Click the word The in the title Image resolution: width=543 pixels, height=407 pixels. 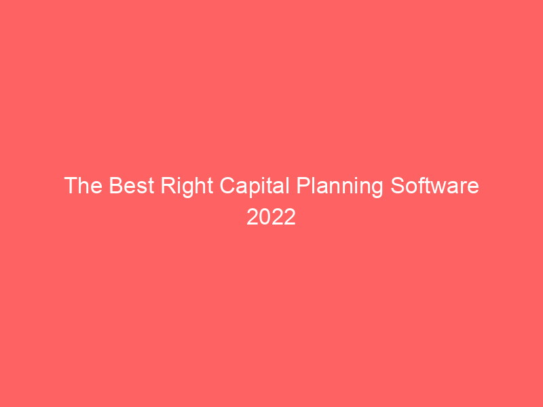click(x=83, y=185)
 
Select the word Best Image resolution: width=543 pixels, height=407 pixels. click(x=132, y=185)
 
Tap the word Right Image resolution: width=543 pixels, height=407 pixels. click(x=187, y=187)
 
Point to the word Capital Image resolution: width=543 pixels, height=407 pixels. click(x=255, y=187)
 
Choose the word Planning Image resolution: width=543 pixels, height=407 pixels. click(x=340, y=187)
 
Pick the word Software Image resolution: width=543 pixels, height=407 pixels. click(x=434, y=185)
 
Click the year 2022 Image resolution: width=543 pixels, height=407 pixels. click(x=271, y=217)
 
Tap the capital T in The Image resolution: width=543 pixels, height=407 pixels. click(x=71, y=185)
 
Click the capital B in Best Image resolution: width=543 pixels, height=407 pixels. click(x=116, y=185)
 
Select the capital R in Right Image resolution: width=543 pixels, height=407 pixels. click(x=168, y=185)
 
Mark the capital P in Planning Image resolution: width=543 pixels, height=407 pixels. click(x=303, y=185)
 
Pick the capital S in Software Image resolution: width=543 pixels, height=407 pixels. click(x=398, y=185)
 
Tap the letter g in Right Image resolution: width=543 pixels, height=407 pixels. click(x=189, y=189)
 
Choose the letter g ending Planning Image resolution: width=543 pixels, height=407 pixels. click(x=377, y=189)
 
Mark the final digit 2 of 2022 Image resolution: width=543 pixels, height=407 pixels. click(x=291, y=217)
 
